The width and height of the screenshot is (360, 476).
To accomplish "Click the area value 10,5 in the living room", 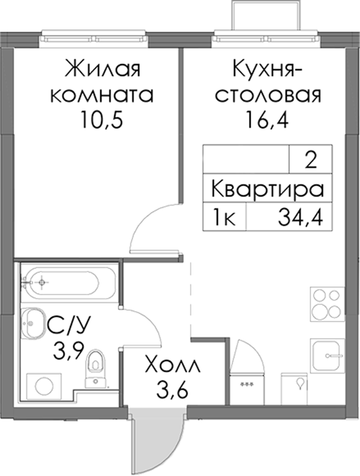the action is point(102,120).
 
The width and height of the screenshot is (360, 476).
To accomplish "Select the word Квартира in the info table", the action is point(268,188).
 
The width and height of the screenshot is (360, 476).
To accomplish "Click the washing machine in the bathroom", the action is point(44,387).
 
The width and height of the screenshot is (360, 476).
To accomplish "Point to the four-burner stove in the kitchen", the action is point(327,304).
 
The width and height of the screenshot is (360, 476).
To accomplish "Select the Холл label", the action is point(173,367).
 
